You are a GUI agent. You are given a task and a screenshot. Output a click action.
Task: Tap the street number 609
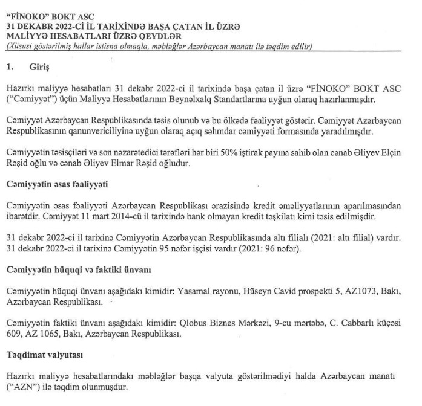(x=15, y=333)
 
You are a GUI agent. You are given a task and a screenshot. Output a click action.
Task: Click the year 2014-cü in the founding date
(x=163, y=215)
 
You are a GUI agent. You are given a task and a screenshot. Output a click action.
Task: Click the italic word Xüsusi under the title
(x=20, y=45)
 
